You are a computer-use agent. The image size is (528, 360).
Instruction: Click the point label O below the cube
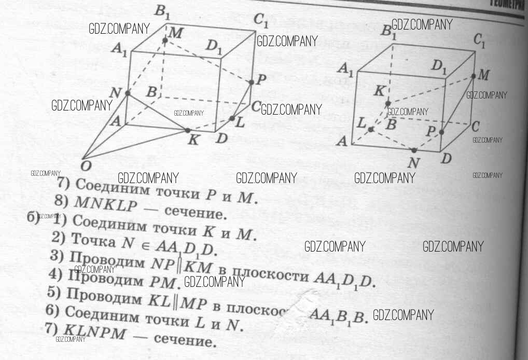click(84, 165)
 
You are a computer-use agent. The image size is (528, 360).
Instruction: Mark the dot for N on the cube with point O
click(128, 93)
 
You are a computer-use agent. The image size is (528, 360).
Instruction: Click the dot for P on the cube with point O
click(252, 82)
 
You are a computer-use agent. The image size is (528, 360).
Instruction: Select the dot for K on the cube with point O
click(188, 130)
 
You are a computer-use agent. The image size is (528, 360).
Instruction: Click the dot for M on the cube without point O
click(474, 76)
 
